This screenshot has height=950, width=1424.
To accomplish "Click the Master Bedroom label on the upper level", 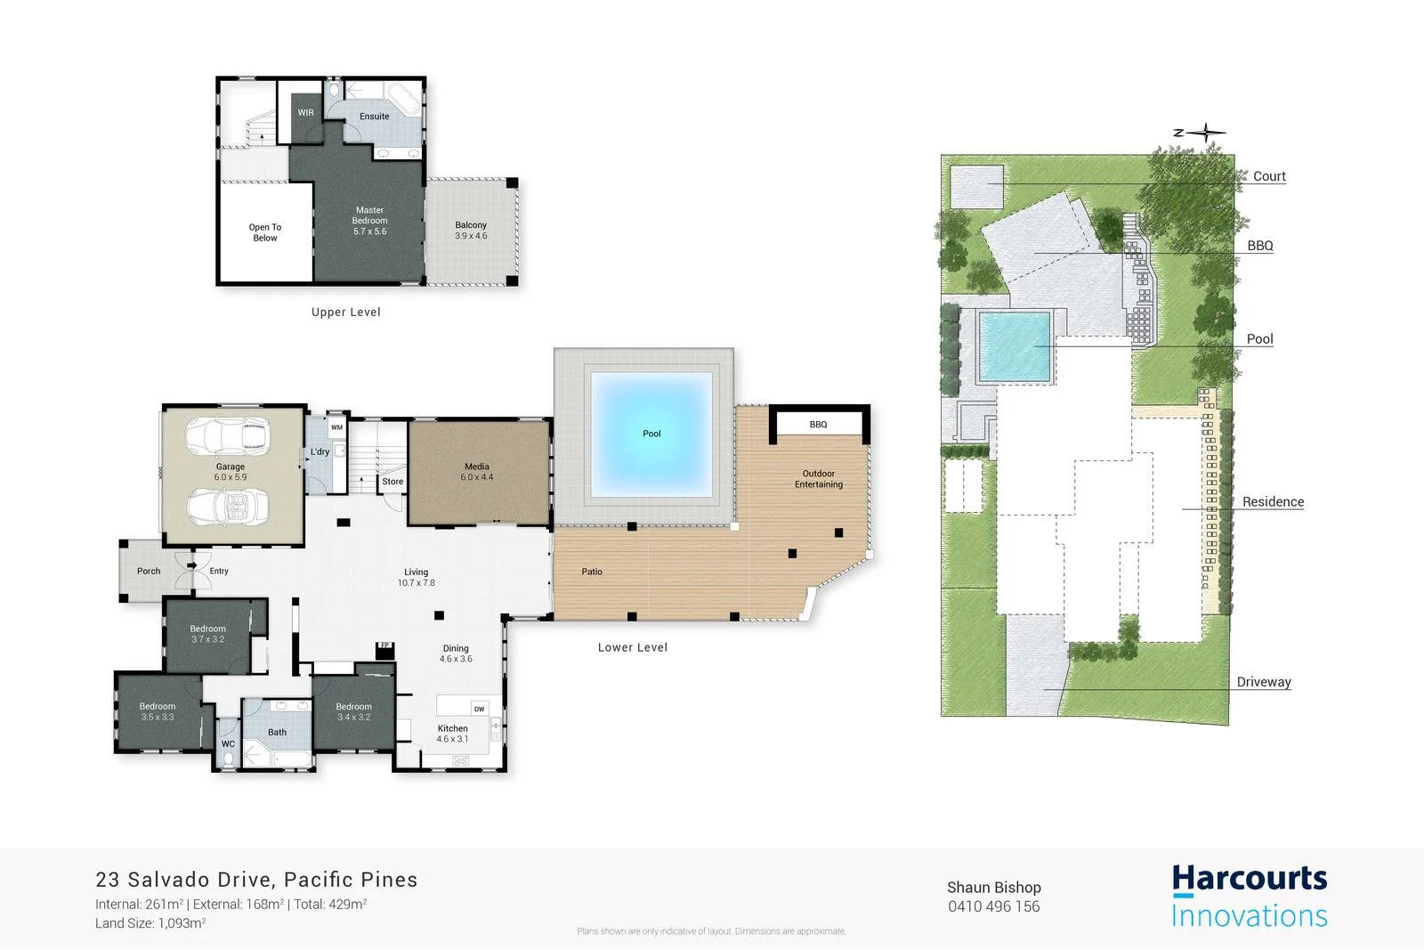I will pyautogui.click(x=369, y=221).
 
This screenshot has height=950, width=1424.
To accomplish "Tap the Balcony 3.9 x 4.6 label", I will pyautogui.click(x=471, y=231).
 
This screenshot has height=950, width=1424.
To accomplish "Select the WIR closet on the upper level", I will pyautogui.click(x=305, y=113).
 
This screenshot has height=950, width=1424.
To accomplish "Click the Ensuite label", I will pyautogui.click(x=374, y=117).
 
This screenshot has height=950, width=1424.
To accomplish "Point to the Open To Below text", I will pyautogui.click(x=264, y=232).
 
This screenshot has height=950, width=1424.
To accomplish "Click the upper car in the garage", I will pyautogui.click(x=228, y=436).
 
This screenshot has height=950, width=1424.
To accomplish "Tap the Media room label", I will pyautogui.click(x=477, y=472).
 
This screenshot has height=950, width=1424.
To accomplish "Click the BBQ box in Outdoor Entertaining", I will pyautogui.click(x=818, y=425).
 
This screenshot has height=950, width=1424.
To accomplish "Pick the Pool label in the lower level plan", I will pyautogui.click(x=651, y=434).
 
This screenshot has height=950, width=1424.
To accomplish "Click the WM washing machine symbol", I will pyautogui.click(x=336, y=427).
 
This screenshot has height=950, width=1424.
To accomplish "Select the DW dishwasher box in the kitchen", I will pyautogui.click(x=479, y=710).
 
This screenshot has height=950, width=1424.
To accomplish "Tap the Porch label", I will pyautogui.click(x=149, y=572).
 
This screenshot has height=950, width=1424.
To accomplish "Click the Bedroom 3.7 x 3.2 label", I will pyautogui.click(x=207, y=634).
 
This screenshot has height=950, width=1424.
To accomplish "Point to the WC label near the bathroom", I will pyautogui.click(x=228, y=744).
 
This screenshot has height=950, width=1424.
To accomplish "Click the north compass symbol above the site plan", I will pyautogui.click(x=1204, y=134).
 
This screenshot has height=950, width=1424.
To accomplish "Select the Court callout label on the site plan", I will pyautogui.click(x=1268, y=176).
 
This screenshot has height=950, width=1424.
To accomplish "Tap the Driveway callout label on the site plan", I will pyautogui.click(x=1263, y=682).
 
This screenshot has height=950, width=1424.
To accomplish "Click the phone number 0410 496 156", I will pyautogui.click(x=993, y=906).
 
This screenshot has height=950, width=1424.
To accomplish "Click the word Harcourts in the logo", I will pyautogui.click(x=1249, y=880).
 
